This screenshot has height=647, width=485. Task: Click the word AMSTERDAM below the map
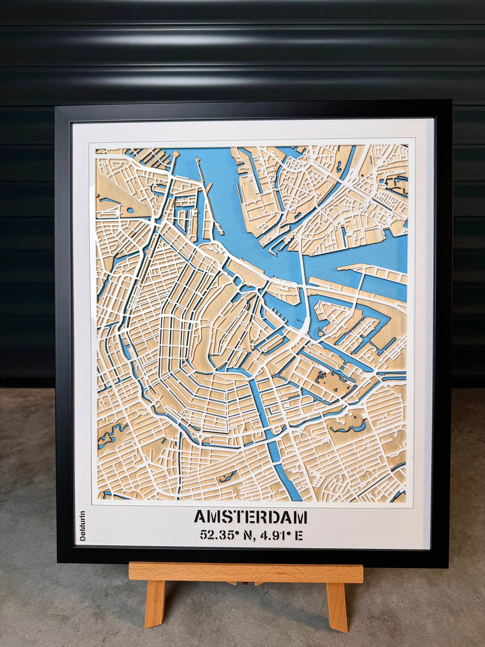point(251,517)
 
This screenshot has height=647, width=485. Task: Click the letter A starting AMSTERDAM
point(201,517)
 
